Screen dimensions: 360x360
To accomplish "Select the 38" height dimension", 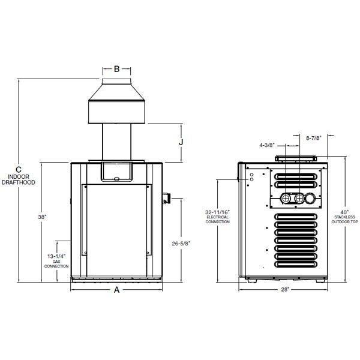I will [x=41, y=217].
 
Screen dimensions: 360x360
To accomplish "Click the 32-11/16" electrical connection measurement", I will [x=217, y=212].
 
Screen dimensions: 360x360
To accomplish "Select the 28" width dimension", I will [x=285, y=290].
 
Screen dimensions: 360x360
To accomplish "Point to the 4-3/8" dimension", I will [x=268, y=145].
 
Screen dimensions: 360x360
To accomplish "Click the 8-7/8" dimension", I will [x=315, y=138].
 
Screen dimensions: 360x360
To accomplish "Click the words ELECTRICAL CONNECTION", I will [x=217, y=220].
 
